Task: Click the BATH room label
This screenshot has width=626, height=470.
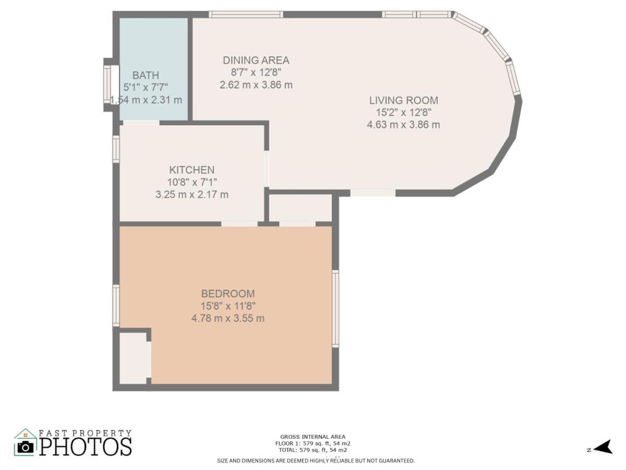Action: [x=146, y=75]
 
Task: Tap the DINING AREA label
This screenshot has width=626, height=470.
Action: [x=256, y=60]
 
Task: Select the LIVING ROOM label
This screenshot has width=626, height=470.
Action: [x=403, y=100]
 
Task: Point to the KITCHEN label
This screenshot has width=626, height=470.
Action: [x=191, y=170]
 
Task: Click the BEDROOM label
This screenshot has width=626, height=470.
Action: [x=228, y=293]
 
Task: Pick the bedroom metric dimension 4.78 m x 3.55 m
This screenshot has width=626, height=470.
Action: [x=228, y=318]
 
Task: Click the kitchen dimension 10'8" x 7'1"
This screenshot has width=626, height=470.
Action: [x=191, y=182]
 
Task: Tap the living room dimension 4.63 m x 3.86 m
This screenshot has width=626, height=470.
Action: [x=403, y=125]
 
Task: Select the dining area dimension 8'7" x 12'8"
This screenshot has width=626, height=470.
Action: [x=256, y=73]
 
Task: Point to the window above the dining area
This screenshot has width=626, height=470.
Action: [x=246, y=14]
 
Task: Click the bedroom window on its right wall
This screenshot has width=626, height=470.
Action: [x=335, y=309]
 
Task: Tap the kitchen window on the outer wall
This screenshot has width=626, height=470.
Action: [x=116, y=149]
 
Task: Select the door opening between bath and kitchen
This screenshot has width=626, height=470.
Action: [x=141, y=123]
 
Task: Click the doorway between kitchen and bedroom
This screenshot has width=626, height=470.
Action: [x=239, y=224]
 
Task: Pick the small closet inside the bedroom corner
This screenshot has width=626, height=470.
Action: [x=133, y=358]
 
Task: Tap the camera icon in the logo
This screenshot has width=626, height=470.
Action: [x=26, y=447]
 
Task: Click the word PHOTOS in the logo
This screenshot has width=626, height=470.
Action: [x=85, y=447]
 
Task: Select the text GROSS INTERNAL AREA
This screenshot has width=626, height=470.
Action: [x=312, y=437]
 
